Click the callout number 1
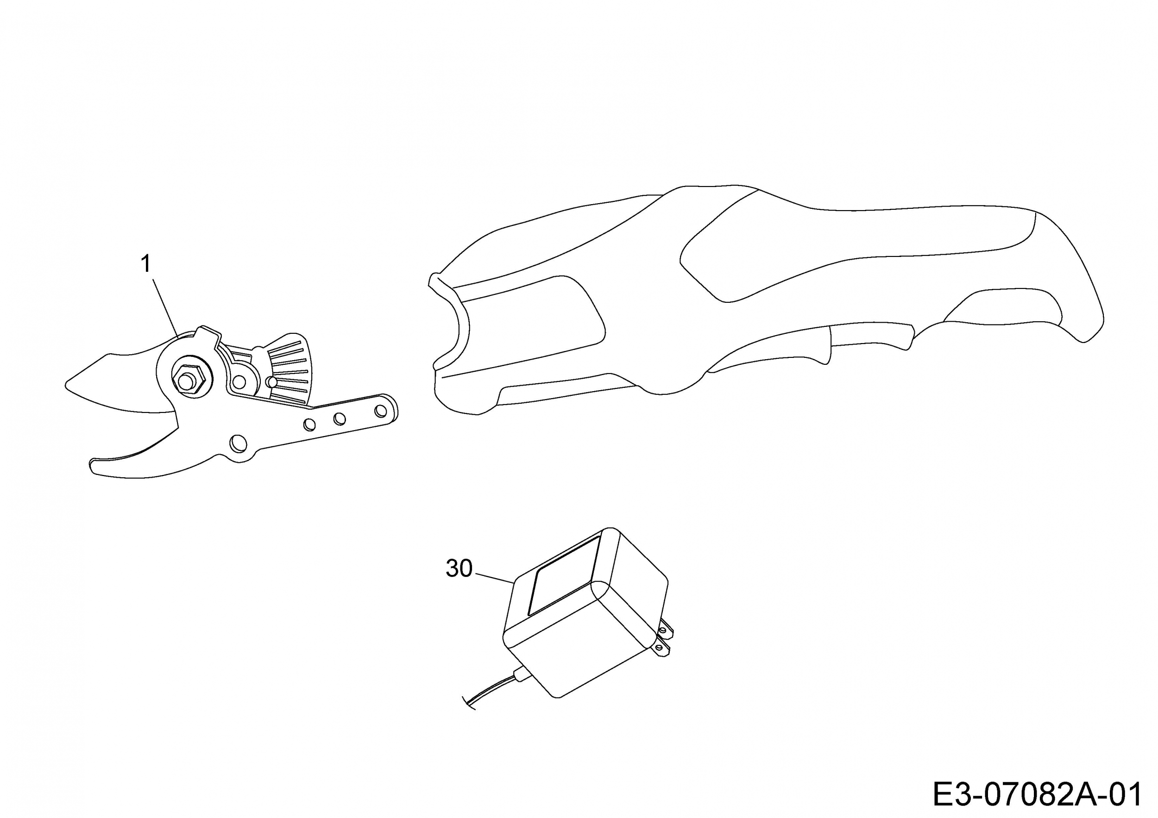pyautogui.click(x=146, y=263)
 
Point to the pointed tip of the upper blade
pyautogui.click(x=67, y=386)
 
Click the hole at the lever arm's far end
pyautogui.click(x=381, y=411)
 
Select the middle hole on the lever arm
pyautogui.click(x=340, y=418)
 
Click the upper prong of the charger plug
pyautogui.click(x=665, y=629)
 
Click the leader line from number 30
pyautogui.click(x=494, y=578)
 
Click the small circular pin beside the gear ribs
pyautogui.click(x=272, y=382)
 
